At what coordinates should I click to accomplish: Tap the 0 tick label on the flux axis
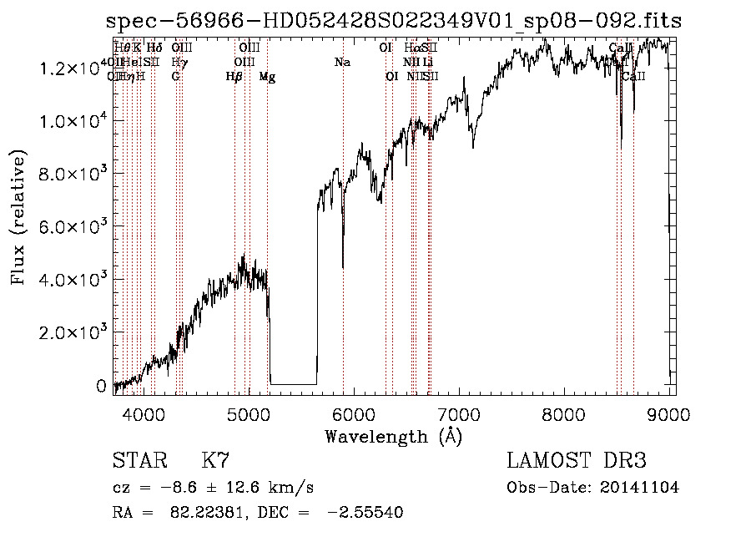tap(101, 386)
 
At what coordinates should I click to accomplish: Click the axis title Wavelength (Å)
tap(393, 436)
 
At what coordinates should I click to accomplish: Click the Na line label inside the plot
tap(342, 63)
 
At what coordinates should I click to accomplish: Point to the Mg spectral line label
tap(267, 77)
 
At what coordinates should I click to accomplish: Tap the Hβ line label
tap(234, 77)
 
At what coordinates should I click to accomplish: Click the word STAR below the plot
tap(139, 461)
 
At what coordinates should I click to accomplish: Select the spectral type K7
tap(215, 461)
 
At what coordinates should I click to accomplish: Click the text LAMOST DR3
tap(577, 461)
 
